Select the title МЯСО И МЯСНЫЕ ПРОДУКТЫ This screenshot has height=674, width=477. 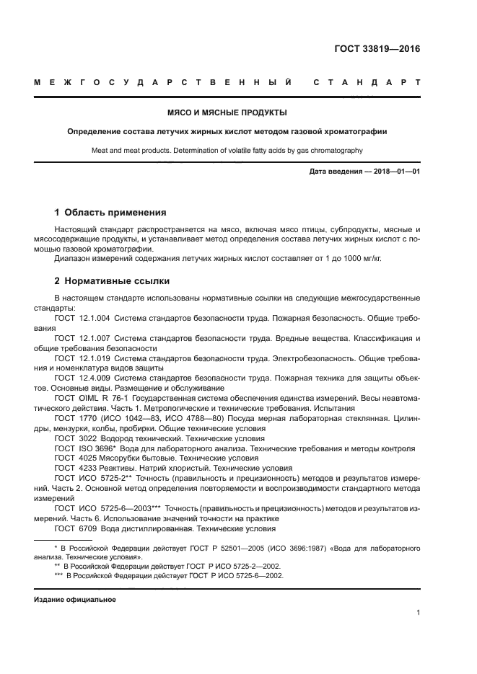coord(227,113)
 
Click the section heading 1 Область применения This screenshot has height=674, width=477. coord(110,213)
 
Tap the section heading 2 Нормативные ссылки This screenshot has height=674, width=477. coord(112,281)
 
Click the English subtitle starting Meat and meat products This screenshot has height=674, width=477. coord(227,151)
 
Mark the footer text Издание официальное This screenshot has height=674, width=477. coord(74,600)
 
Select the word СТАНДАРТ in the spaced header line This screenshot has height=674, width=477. coord(366,83)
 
